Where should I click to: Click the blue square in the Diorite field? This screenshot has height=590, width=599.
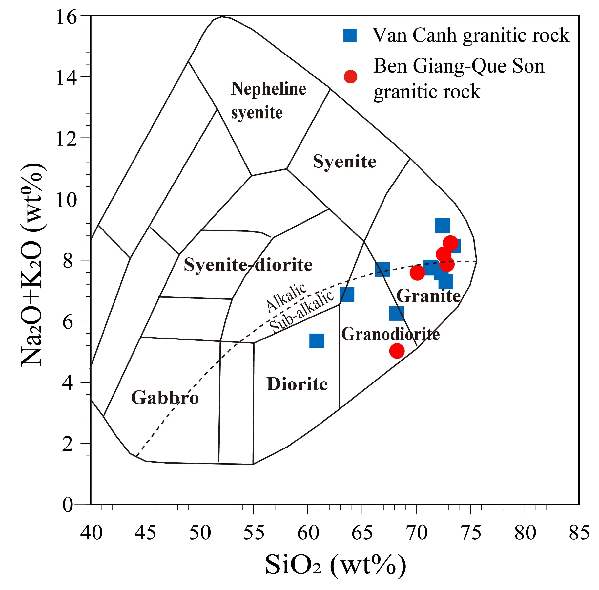click(317, 341)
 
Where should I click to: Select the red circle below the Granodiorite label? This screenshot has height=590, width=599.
click(397, 351)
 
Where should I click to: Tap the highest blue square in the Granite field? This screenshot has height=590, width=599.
click(442, 225)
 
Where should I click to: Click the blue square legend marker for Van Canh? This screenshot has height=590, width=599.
click(350, 35)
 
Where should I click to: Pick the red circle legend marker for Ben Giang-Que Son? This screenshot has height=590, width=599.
click(350, 76)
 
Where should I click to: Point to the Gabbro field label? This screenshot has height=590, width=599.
click(165, 398)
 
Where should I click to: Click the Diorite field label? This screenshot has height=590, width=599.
click(297, 384)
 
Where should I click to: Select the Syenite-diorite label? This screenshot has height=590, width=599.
click(248, 265)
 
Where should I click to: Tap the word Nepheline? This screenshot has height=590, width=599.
click(268, 89)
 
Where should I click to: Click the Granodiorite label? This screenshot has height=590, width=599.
click(390, 334)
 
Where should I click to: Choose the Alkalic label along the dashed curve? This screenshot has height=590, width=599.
click(286, 297)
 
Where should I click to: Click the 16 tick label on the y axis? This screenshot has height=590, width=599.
click(67, 16)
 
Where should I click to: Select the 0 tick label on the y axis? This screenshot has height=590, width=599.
click(68, 505)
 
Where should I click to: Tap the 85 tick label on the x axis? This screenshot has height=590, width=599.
click(579, 533)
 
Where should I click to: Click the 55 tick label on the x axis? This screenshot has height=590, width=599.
click(254, 533)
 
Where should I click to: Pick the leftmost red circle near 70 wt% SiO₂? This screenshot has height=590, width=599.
click(417, 273)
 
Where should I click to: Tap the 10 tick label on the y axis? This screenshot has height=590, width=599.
click(67, 199)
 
